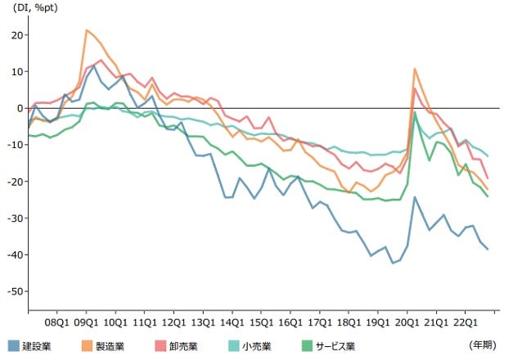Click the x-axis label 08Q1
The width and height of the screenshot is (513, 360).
click(x=57, y=322)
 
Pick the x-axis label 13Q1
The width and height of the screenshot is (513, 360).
click(x=203, y=322)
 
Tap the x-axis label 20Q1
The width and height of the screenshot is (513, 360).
click(x=407, y=322)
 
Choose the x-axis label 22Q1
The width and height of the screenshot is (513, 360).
click(x=465, y=322)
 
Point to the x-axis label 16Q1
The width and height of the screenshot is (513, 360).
click(x=290, y=322)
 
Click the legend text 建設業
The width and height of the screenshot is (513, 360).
click(x=37, y=346)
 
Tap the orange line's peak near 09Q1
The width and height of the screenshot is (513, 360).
click(x=87, y=30)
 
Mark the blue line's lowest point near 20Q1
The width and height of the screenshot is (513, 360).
click(x=393, y=263)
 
